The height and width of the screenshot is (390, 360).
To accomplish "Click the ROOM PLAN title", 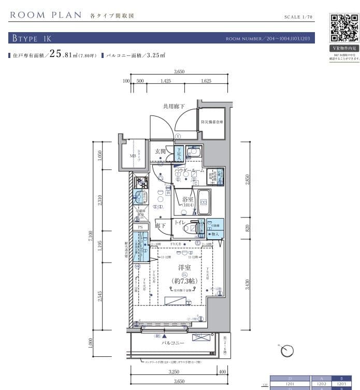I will coord(46,15).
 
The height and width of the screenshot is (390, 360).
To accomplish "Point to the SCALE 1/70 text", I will coord(299,17).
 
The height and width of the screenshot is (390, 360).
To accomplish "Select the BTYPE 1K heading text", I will coord(30,39).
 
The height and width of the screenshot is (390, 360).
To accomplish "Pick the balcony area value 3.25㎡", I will coord(155,55).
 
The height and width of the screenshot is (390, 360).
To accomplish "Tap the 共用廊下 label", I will coord(174,107).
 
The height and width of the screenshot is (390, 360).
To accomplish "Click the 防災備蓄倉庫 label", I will coord(212,123).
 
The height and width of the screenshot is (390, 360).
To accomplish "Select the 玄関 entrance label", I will coord(160,151).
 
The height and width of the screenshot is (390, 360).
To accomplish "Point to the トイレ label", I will coord(180,223).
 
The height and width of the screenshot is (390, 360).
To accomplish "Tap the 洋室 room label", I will coord(184,268).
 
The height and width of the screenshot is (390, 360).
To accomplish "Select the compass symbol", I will coord(286,352).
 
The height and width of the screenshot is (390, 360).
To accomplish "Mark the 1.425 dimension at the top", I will coord(165,81).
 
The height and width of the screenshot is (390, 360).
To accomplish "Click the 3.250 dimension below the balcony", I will coord(174,372).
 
